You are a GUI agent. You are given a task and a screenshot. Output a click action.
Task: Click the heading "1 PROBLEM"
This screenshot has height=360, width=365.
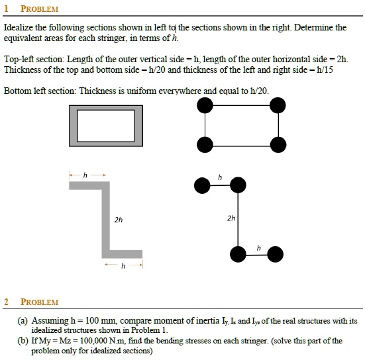pyautogui.click(x=31, y=9)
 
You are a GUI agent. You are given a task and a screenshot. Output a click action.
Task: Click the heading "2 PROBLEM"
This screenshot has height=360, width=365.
pyautogui.click(x=31, y=302)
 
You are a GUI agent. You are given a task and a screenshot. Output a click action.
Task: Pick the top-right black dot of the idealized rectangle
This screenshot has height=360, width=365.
pyautogui.click(x=278, y=105)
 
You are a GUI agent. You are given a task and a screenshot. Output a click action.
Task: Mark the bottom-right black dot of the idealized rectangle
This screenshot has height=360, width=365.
pyautogui.click(x=278, y=144)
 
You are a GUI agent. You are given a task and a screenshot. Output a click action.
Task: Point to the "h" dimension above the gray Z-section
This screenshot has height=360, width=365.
pyautogui.click(x=84, y=174)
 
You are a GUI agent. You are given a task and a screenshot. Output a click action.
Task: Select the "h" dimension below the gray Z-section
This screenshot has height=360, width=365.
pyautogui.click(x=123, y=267)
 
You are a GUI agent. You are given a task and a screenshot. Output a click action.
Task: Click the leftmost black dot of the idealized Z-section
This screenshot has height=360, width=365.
pyautogui.click(x=201, y=187)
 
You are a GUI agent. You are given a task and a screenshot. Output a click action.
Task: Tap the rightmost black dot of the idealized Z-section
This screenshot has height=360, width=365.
pyautogui.click(x=275, y=254)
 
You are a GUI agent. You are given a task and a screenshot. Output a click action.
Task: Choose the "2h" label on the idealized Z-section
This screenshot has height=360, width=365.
pyautogui.click(x=231, y=218)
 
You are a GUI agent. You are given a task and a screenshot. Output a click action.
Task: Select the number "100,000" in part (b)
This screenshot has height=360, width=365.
pyautogui.click(x=96, y=341)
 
